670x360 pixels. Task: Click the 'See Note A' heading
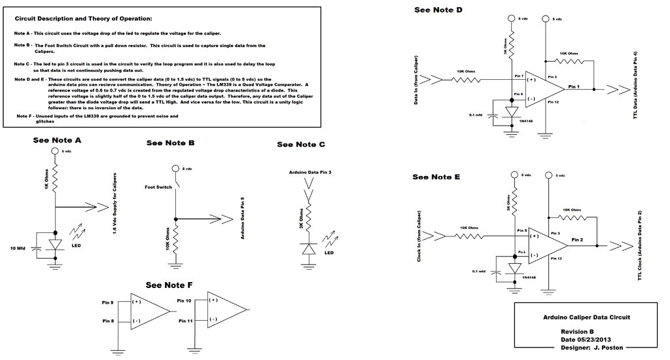pos(57,140)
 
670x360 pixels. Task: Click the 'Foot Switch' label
pos(159,187)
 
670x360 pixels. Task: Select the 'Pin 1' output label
pos(575,86)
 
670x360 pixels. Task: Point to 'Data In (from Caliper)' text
pos(417,81)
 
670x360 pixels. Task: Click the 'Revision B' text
pos(576,332)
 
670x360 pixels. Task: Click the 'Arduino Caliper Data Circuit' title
pos(587,317)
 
